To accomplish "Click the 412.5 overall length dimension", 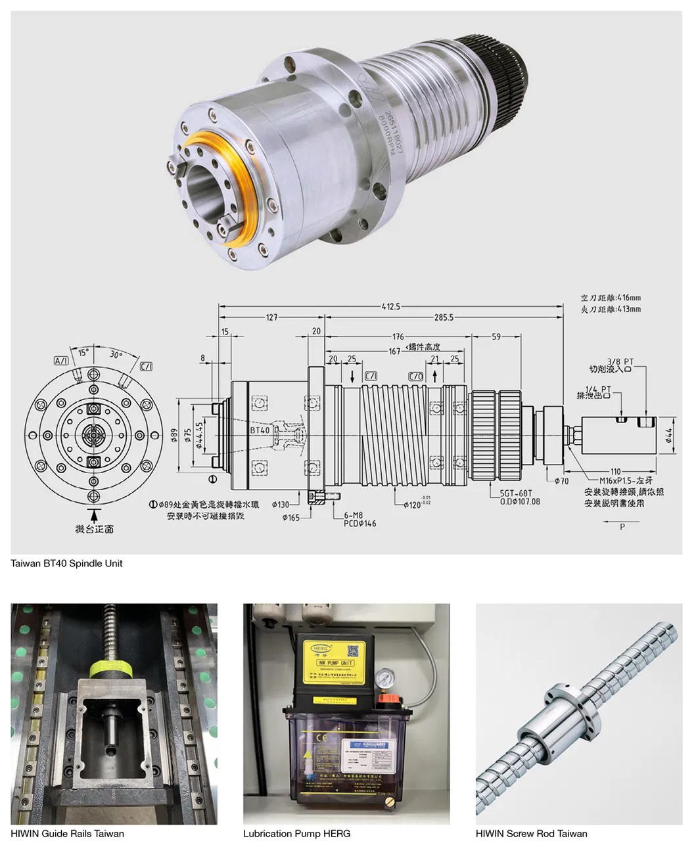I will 390,306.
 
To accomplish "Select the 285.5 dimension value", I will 444,317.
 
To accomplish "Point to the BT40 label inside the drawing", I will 260,430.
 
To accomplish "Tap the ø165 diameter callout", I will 291,517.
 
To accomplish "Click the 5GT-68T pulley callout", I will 515,492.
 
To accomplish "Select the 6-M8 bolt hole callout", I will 353,515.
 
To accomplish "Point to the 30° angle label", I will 116,355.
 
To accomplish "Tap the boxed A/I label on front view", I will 61,361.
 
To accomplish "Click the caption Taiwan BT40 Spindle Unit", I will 66,563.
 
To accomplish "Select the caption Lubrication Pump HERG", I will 296,833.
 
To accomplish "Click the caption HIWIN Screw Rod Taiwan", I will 531,833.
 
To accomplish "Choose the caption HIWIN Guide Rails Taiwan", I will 67,833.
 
